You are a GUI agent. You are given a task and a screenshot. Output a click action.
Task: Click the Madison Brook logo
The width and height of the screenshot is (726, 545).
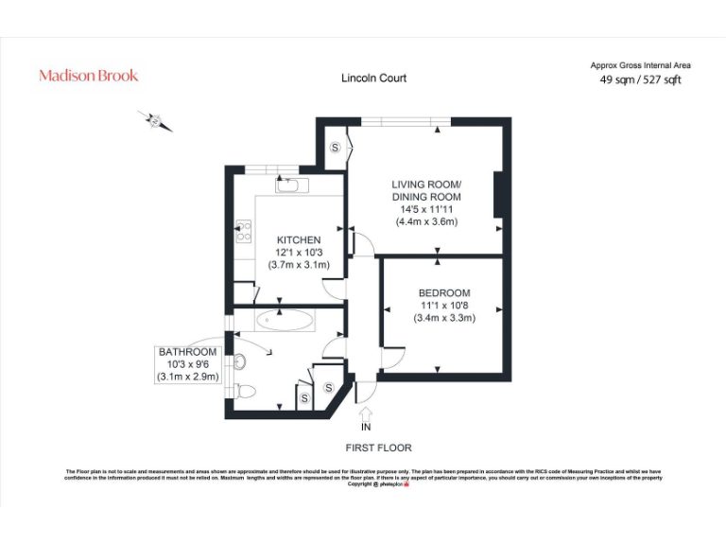click(88, 76)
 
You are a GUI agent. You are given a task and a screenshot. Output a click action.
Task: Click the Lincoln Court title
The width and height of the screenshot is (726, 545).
click(373, 79)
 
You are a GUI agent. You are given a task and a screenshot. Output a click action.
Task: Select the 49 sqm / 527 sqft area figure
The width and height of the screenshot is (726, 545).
click(640, 80)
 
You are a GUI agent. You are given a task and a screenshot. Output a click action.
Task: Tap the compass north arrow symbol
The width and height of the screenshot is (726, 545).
click(156, 121)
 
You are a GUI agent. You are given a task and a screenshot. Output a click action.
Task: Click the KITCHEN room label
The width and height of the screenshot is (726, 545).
click(298, 240)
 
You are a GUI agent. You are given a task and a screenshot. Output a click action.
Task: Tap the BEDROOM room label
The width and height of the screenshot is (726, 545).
click(443, 293)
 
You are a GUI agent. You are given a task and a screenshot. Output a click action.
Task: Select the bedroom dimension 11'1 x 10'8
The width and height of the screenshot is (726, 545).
click(443, 306)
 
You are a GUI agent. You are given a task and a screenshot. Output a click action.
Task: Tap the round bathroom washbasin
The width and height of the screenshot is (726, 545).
click(241, 360)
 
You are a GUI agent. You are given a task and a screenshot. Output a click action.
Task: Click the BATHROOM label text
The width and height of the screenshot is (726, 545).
click(187, 352)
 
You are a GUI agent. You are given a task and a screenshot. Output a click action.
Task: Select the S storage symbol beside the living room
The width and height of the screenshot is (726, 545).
click(336, 148)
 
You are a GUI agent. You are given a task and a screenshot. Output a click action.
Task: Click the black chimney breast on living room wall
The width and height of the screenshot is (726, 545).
click(496, 196)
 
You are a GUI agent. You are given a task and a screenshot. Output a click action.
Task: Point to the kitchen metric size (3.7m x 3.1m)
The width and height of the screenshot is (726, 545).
click(298, 265)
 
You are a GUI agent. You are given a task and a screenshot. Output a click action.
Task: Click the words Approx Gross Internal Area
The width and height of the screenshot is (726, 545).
click(640, 65)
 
